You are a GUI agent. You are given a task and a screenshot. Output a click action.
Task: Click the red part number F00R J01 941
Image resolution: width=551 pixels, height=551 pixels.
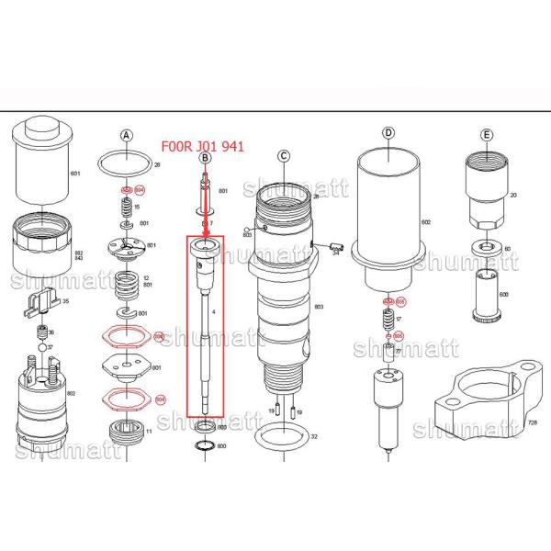[202, 144]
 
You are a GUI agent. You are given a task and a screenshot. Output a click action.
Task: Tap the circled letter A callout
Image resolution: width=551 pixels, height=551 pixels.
[129, 135]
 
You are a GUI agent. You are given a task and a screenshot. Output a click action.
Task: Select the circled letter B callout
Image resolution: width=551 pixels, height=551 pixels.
[205, 158]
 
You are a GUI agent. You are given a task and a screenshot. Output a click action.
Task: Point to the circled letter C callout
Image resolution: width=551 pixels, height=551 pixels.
[285, 155]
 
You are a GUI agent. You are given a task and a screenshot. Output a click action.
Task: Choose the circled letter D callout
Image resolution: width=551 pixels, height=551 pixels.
[388, 133]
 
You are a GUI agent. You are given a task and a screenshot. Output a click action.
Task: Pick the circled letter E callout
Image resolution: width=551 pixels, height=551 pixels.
[487, 136]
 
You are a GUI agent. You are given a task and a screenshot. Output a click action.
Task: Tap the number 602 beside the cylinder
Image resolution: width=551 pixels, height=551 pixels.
[424, 223]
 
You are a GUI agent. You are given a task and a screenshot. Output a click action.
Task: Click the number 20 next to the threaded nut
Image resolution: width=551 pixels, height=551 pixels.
[514, 195]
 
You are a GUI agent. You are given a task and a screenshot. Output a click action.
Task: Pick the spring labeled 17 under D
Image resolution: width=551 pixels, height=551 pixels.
[387, 320]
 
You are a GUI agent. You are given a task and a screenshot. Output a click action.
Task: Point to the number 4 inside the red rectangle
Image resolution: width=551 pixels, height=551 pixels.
[213, 313]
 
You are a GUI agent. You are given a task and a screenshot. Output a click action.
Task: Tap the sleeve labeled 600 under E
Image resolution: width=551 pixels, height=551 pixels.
[487, 294]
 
